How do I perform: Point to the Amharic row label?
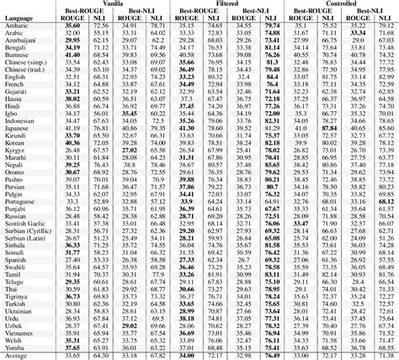tap(19, 27)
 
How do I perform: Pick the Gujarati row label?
tap(19, 90)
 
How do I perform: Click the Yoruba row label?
tap(18, 346)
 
